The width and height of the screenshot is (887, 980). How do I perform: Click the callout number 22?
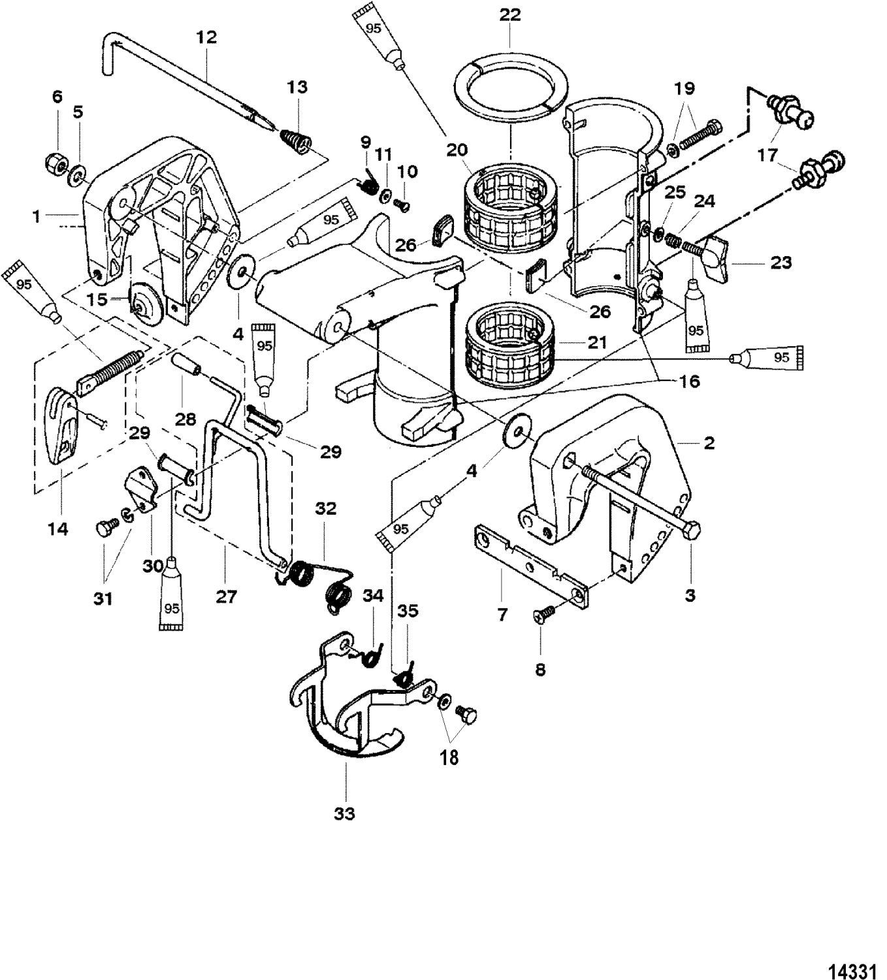click(x=510, y=14)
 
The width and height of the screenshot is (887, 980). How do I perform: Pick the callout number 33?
click(x=344, y=813)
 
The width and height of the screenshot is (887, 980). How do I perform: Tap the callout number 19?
click(x=685, y=88)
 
